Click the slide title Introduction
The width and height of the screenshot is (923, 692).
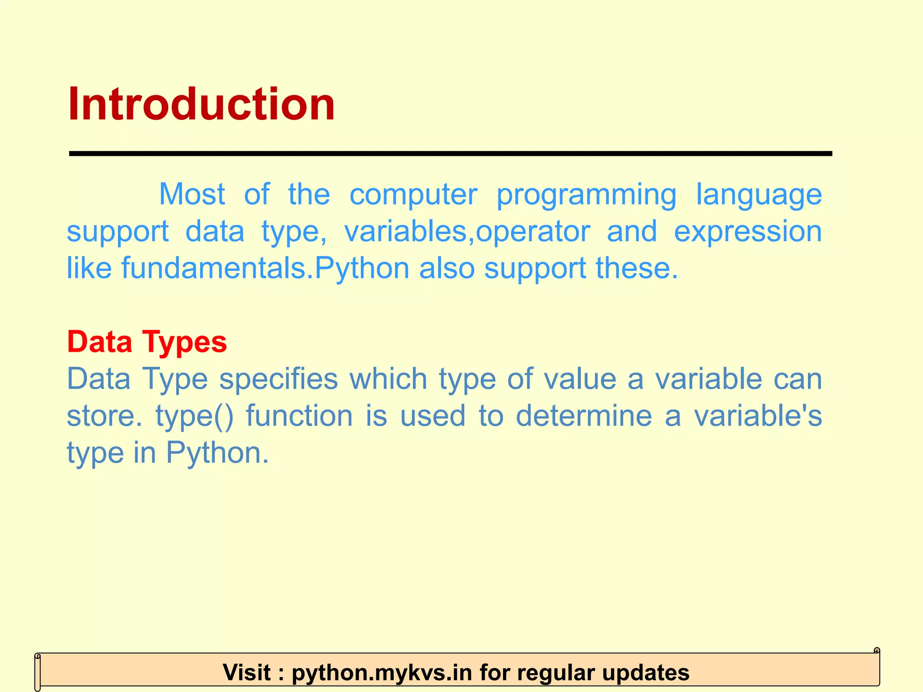pyautogui.click(x=201, y=105)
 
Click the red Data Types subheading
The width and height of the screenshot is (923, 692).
pyautogui.click(x=147, y=342)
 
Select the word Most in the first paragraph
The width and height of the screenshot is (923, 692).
pyautogui.click(x=192, y=195)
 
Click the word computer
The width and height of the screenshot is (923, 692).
pyautogui.click(x=413, y=195)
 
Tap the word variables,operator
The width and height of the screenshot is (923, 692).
pyautogui.click(x=467, y=232)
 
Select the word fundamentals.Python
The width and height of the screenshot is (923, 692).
pyautogui.click(x=265, y=268)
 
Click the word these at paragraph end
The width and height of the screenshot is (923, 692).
pyautogui.click(x=636, y=268)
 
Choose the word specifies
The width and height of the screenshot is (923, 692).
pyautogui.click(x=279, y=379)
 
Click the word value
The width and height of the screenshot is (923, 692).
pyautogui.click(x=580, y=378)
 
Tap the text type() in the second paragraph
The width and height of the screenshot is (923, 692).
pyautogui.click(x=195, y=416)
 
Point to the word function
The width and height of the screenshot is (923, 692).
pyautogui.click(x=299, y=415)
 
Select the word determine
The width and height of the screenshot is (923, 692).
pyautogui.click(x=584, y=415)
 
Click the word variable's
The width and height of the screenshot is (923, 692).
pyautogui.click(x=758, y=415)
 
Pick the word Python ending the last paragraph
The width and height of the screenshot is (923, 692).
pyautogui.click(x=217, y=453)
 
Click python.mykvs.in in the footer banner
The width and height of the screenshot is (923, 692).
pyautogui.click(x=382, y=673)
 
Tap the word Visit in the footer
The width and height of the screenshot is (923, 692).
pyautogui.click(x=247, y=673)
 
